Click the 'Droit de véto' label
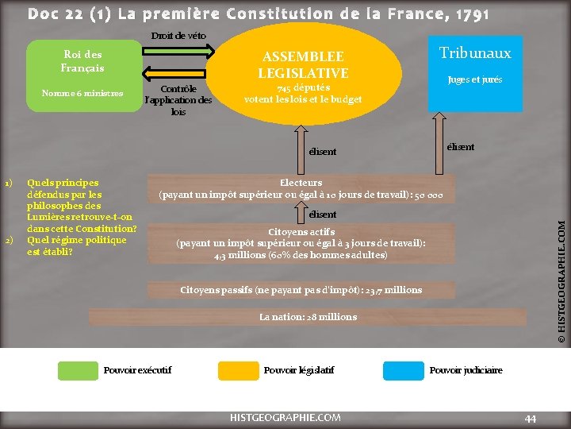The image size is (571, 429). (x=178, y=36)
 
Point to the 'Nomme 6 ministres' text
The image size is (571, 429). (x=82, y=94)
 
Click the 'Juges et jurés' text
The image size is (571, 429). (x=474, y=79)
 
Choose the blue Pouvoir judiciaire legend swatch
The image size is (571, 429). (x=403, y=370)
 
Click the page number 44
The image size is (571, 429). (x=531, y=418)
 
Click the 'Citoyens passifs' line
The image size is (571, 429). (x=301, y=290)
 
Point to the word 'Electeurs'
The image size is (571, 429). (x=301, y=182)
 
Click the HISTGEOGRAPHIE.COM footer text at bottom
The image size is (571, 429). (x=285, y=417)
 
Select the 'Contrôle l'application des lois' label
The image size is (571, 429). (x=178, y=101)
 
